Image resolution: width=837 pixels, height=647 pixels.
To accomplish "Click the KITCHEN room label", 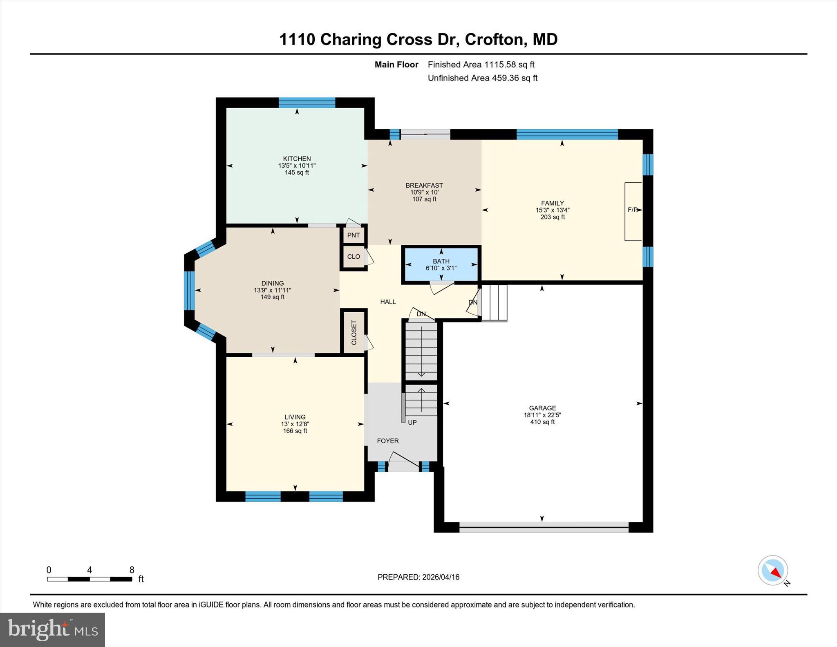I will point(297,159).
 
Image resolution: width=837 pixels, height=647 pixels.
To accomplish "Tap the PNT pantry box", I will point(354,235).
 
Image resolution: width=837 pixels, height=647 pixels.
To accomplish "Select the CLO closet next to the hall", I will point(354,257).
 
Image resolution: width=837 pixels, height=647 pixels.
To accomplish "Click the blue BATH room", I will point(441,264).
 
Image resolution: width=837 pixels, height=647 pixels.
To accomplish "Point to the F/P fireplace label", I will point(632,210).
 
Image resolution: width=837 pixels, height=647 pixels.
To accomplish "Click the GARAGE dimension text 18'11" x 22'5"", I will point(542,415).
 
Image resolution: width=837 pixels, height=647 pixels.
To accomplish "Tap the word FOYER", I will point(387,441).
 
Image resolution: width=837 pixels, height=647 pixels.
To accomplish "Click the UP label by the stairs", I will point(412,422).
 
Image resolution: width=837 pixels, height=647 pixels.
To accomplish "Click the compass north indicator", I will point(773,571).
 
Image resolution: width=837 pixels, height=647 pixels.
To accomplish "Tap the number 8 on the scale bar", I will point(132,570).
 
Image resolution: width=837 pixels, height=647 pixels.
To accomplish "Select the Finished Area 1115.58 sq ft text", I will point(481,65).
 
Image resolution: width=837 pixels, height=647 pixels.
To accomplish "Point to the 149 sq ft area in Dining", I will point(273,297).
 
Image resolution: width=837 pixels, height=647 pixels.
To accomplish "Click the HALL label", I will point(388,302).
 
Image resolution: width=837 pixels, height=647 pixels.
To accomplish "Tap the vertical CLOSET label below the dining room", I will point(354,332).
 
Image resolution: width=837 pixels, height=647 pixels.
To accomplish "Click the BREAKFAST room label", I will point(424,185).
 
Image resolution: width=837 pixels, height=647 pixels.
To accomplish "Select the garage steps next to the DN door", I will point(495,303).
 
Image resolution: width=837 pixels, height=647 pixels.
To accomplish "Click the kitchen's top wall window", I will point(307,102).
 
